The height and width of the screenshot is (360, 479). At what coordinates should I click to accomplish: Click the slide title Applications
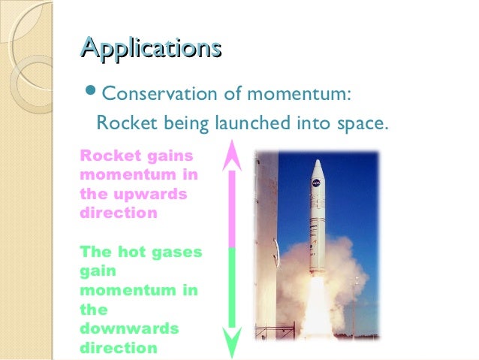(150, 47)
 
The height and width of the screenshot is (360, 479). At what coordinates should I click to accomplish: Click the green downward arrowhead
(232, 342)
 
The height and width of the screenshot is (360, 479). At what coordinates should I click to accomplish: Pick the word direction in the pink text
(118, 213)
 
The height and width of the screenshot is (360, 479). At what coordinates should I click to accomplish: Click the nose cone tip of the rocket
(318, 162)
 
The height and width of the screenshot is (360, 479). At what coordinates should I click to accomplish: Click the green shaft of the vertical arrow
(232, 289)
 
